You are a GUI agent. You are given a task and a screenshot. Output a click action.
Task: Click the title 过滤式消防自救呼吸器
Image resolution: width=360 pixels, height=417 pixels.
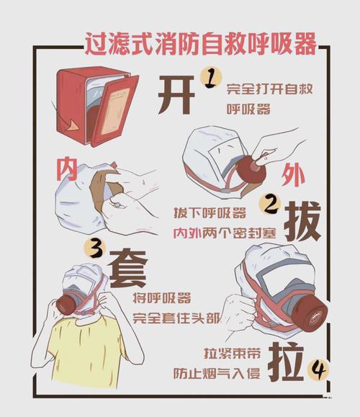(x=200, y=45)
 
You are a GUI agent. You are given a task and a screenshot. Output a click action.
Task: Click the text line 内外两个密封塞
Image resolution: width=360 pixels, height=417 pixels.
(x=215, y=233)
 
